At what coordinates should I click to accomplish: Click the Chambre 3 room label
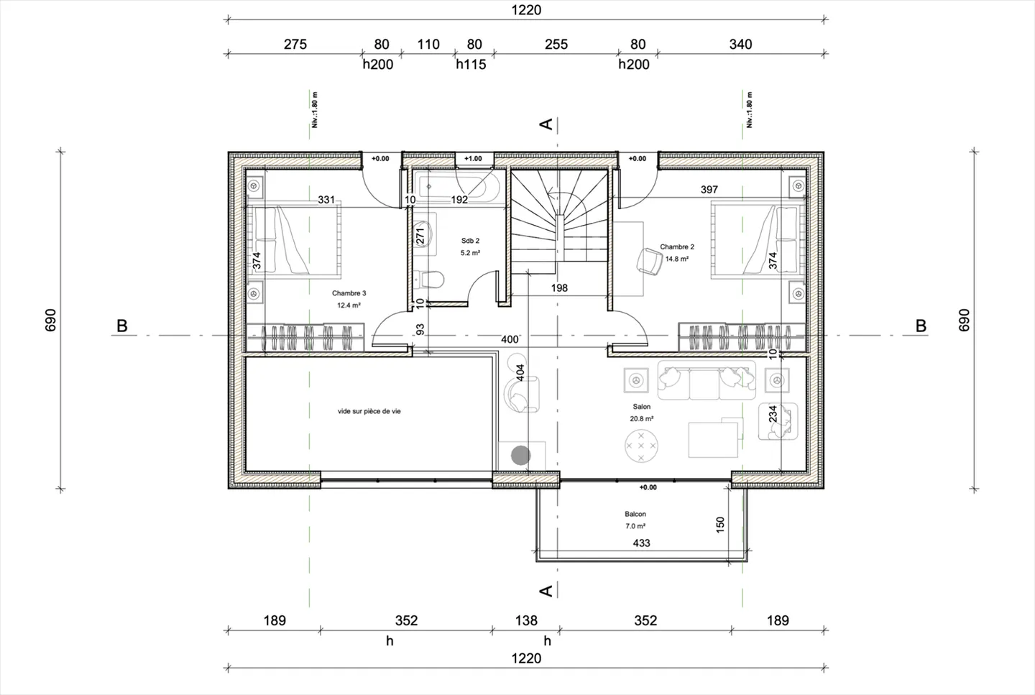349,293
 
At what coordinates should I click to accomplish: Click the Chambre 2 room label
676,247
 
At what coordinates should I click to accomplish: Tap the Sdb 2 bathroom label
470,241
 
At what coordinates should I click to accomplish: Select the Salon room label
641,407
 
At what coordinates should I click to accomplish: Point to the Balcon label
635,514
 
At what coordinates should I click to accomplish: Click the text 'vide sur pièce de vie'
369,412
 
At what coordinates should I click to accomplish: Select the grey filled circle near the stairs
520,455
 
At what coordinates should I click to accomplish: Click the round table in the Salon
641,446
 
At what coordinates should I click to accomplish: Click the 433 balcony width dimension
641,543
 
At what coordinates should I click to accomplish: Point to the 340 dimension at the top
740,45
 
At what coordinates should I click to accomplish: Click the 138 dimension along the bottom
526,620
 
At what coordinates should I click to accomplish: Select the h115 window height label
471,65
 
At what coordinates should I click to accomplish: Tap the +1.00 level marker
473,159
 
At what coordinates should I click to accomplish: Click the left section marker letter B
122,326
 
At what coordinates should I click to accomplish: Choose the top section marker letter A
546,124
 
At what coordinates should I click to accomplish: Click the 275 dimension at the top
295,45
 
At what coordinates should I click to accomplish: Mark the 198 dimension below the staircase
559,288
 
